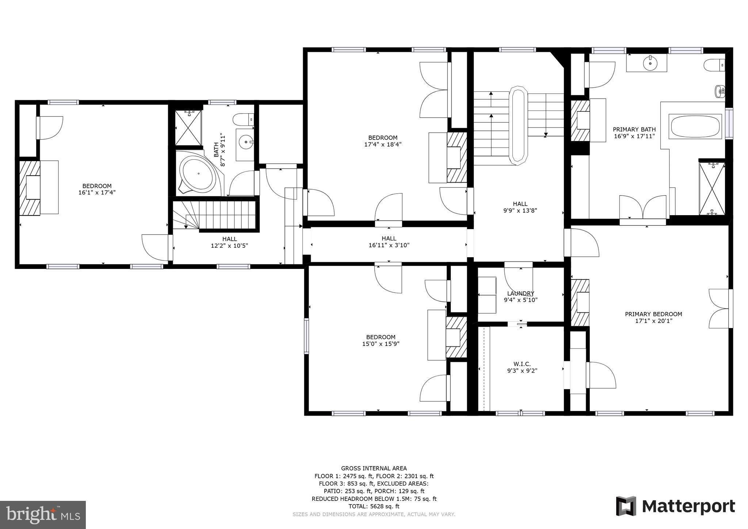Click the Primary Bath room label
point(634,129)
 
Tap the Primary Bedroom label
point(653,314)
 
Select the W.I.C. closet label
point(522,364)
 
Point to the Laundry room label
point(520,293)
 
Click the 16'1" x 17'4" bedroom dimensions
point(97,193)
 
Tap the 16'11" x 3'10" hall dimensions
point(389,246)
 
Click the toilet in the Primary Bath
point(714,66)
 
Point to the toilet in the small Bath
point(243,119)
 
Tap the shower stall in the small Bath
point(188,128)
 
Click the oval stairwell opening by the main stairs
point(519,125)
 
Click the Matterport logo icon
point(626,506)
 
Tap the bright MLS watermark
point(43,514)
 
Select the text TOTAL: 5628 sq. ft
point(374,506)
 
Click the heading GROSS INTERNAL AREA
point(374,468)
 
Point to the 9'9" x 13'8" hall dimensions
point(520,210)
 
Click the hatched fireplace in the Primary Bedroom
point(580,303)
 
